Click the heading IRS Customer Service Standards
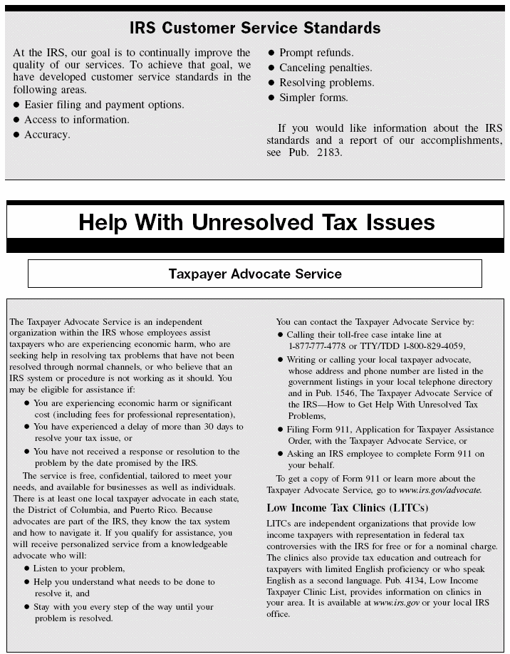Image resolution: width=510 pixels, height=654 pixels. [255, 28]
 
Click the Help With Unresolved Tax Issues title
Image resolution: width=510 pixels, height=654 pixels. [256, 222]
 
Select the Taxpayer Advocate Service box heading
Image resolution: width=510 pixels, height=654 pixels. [255, 274]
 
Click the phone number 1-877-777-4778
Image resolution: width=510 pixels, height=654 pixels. [321, 346]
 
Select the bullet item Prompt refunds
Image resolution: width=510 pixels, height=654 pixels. [316, 53]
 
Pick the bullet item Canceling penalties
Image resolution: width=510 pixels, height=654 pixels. [325, 68]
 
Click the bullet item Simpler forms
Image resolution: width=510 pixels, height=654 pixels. [313, 98]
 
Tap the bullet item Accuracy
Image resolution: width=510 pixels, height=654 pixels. [47, 135]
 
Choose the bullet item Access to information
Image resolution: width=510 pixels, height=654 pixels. [76, 120]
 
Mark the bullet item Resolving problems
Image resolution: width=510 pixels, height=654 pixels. [326, 83]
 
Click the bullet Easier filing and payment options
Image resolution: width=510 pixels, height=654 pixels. [104, 105]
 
